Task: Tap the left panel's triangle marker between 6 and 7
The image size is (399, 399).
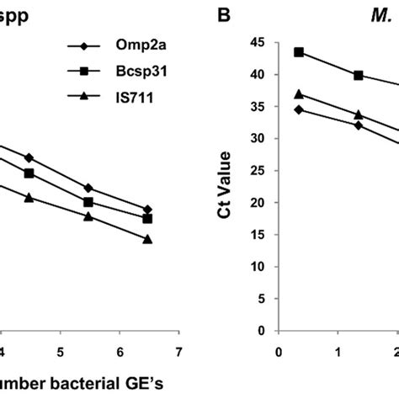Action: [x=148, y=239]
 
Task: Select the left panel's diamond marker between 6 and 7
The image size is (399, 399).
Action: [x=148, y=209]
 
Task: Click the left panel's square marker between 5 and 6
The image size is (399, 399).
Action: [x=88, y=202]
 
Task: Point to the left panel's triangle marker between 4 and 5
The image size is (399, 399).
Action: [x=29, y=197]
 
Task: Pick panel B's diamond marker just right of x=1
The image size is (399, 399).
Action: [x=358, y=125]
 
